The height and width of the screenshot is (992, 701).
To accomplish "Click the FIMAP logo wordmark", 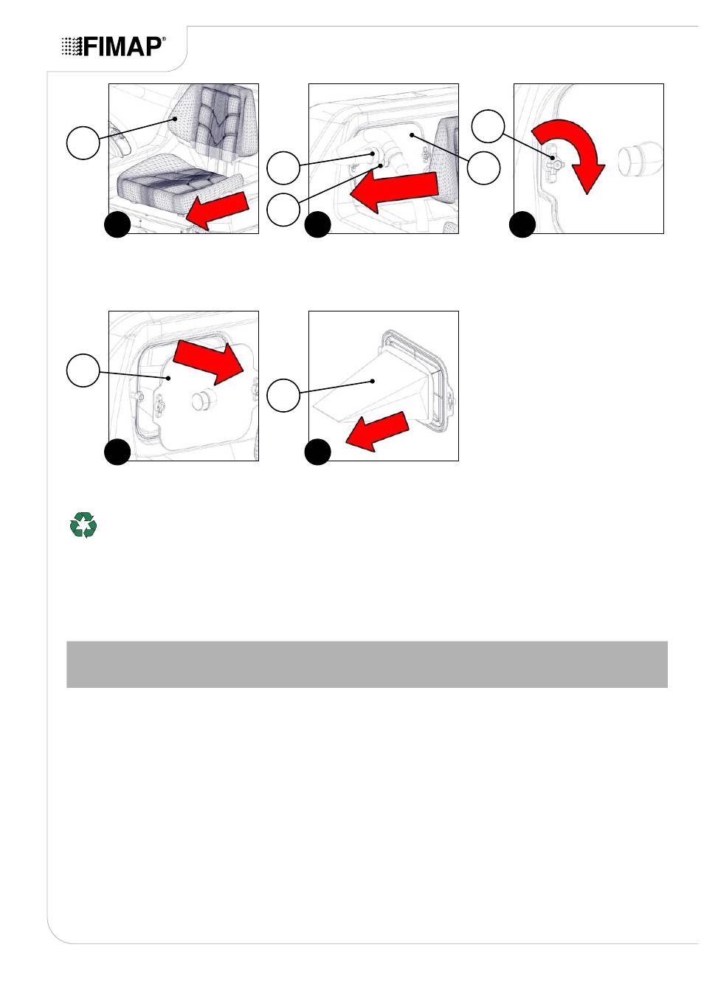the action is pos(114,46).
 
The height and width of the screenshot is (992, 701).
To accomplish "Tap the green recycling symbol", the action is pos(83,525).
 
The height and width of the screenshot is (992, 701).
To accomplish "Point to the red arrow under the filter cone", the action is pos(377,432).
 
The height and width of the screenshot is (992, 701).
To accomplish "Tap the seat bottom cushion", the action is pos(179,182).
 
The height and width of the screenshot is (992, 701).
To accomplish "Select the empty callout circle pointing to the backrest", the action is pos(83,142).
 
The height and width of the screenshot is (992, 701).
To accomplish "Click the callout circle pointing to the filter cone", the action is pos(283,395).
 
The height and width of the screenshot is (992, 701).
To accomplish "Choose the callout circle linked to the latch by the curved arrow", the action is pos(488,126).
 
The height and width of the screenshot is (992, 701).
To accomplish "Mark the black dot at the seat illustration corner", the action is pos(117,225).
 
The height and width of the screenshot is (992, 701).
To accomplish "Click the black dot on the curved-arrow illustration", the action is pos(522,225).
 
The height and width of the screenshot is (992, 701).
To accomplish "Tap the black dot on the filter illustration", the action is pos(318,452).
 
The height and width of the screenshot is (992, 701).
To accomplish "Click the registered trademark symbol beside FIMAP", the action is pos(164,39).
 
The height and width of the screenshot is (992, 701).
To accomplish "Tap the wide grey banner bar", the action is pos(367,664).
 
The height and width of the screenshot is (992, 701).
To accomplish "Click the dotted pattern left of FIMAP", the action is pos(72,46).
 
